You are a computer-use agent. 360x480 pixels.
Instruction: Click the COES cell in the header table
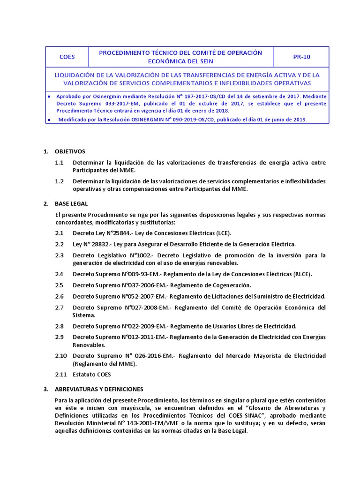[x=67, y=57]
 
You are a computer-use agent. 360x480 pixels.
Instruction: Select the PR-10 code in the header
[x=301, y=57]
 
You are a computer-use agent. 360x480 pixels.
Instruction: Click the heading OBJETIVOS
[x=70, y=152]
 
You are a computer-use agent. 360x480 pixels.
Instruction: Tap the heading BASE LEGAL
[x=72, y=204]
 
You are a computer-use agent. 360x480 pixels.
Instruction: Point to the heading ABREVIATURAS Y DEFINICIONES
[x=99, y=390]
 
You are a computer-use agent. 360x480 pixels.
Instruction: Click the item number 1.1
[x=59, y=162]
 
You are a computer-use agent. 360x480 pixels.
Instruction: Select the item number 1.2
[x=59, y=181]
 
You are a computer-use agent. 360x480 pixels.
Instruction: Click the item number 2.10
[x=61, y=356]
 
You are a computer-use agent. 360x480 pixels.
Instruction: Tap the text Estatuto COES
[x=92, y=375]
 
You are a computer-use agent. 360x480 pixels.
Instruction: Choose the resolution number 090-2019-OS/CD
[x=173, y=120]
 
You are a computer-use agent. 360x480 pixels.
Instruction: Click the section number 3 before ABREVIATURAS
[x=45, y=390]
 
